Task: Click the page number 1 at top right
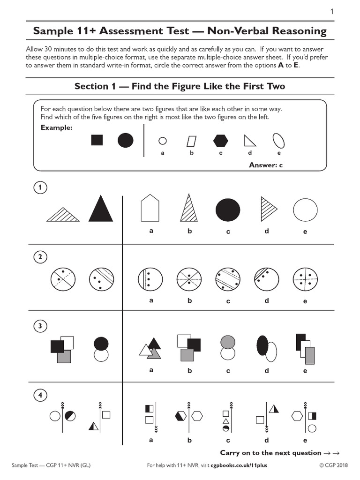click(332, 11)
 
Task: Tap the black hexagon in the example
click(220, 140)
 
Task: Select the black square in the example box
click(97, 140)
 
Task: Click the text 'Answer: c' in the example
click(266, 165)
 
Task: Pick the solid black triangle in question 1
click(101, 208)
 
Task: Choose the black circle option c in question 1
click(228, 209)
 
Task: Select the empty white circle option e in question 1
click(305, 209)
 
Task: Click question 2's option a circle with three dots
click(150, 280)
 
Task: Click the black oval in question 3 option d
click(262, 346)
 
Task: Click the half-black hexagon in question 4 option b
click(180, 415)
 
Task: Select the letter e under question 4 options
click(305, 440)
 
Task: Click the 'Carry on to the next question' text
click(270, 453)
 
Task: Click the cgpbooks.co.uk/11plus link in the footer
click(242, 465)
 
